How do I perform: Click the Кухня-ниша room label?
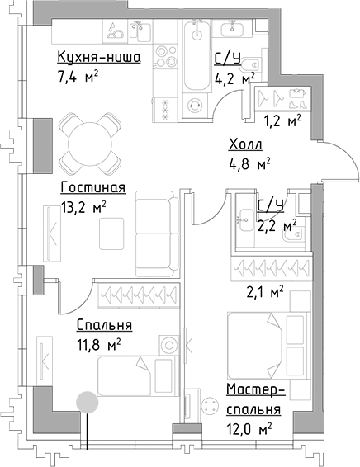(98, 57)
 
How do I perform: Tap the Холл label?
(245, 146)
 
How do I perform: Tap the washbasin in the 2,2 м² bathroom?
(246, 219)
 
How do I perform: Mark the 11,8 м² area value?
(98, 343)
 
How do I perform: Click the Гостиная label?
(92, 187)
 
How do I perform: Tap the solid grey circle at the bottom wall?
(85, 401)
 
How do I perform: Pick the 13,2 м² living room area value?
(82, 208)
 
